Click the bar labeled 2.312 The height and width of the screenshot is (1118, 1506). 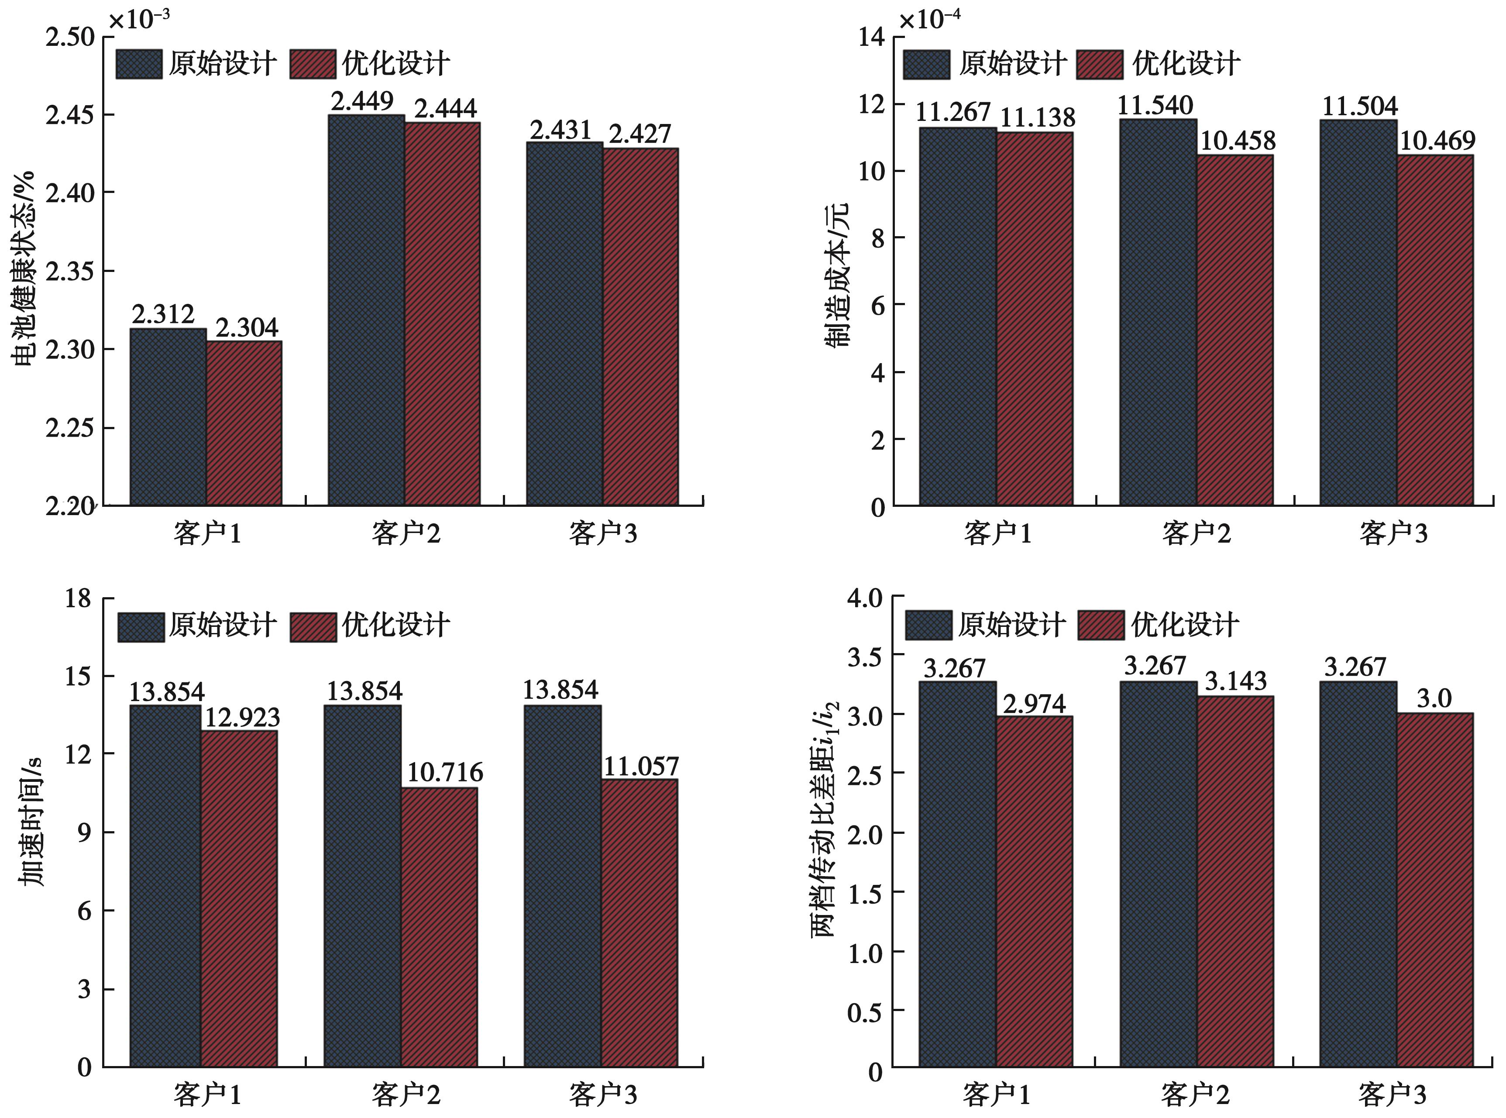(x=168, y=416)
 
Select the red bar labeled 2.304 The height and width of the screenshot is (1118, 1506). (x=244, y=423)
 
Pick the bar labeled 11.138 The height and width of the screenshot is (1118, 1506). (x=1035, y=318)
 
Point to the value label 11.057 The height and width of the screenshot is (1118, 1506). (x=640, y=766)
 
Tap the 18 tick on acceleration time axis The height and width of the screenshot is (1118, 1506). (x=79, y=598)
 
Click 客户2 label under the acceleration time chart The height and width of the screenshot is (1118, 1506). (x=406, y=1095)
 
